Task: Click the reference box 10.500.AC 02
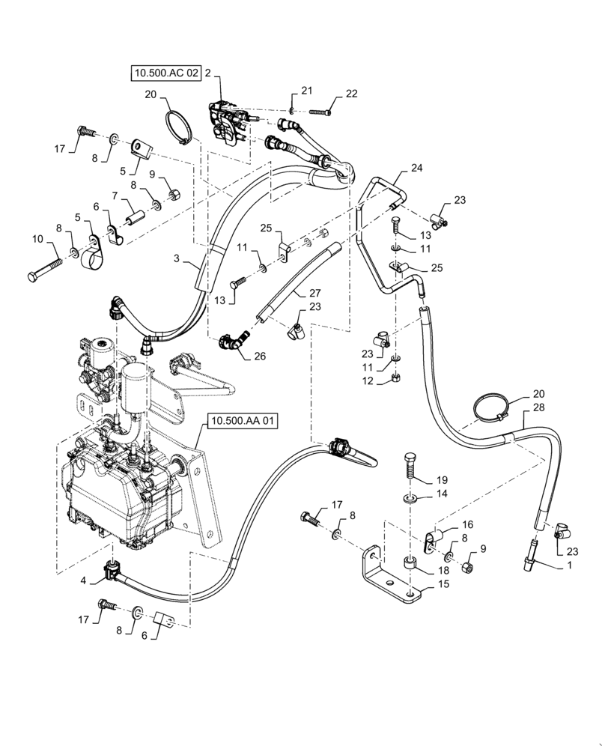pos(165,73)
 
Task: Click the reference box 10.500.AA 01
pos(243,422)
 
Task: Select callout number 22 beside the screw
pos(351,94)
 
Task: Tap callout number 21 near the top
pos(306,90)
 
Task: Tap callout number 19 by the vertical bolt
pos(442,479)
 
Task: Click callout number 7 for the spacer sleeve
pos(114,195)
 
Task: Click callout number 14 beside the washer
pos(442,494)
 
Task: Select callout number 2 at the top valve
pos(207,73)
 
